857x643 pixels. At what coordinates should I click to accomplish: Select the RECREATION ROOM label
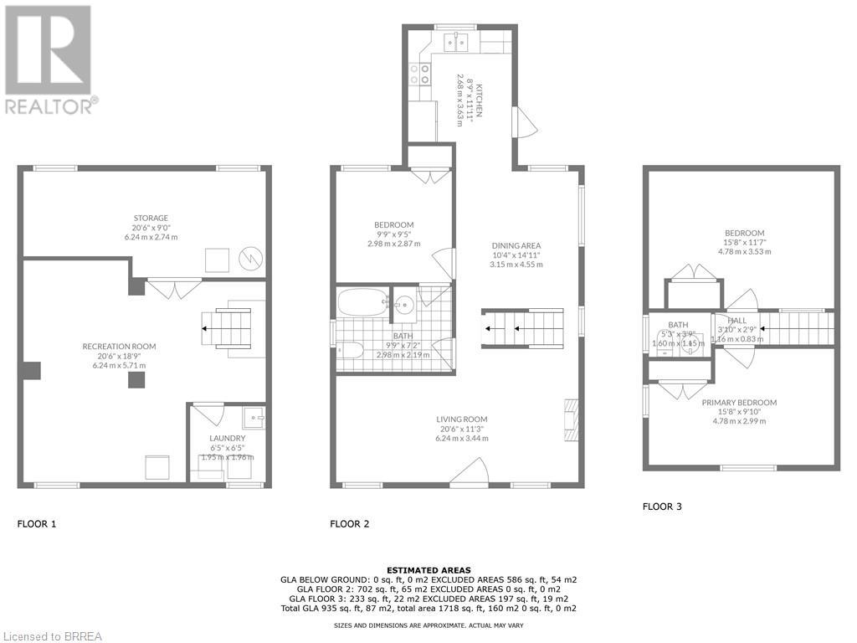[119, 347]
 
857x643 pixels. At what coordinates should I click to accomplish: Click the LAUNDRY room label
[227, 438]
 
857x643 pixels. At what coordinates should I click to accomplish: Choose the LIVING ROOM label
[461, 419]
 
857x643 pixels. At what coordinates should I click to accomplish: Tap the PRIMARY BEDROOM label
[738, 403]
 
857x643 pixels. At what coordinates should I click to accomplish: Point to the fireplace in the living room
[569, 419]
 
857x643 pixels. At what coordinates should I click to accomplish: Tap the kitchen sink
[455, 39]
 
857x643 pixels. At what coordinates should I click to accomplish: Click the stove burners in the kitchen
[419, 75]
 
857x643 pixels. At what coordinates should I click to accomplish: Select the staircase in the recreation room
[227, 328]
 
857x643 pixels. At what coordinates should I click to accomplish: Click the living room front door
[469, 473]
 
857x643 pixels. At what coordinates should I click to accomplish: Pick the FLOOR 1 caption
[37, 524]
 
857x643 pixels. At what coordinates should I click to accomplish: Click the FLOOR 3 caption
[662, 507]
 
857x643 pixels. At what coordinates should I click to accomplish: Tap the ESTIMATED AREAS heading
[429, 569]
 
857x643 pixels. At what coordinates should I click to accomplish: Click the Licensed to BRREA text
[52, 636]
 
